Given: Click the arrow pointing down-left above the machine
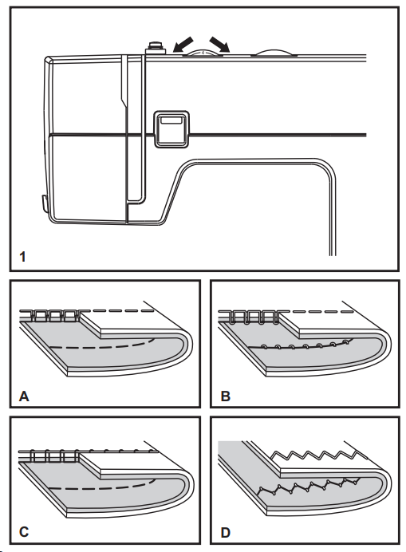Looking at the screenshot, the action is click(x=183, y=45).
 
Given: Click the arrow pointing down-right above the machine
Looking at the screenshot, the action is click(x=219, y=45).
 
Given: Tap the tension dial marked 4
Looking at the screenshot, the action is click(x=203, y=52).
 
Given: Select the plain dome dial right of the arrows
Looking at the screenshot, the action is click(x=274, y=52).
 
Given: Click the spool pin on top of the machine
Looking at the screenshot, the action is click(x=156, y=48).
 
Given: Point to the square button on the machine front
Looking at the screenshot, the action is click(x=171, y=129).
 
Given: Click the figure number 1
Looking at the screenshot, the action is click(x=22, y=257).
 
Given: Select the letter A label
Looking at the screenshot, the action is click(x=24, y=396).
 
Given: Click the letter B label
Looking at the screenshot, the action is click(x=226, y=396).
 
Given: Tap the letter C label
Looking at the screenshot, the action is click(x=24, y=531).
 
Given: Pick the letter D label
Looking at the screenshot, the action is click(x=226, y=532).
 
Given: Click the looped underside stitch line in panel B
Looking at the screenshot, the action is click(x=299, y=345).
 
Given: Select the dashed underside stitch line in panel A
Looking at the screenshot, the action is click(x=102, y=345).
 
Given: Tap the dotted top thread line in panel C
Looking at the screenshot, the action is click(x=117, y=451).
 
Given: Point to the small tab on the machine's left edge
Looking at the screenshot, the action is click(x=44, y=204).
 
